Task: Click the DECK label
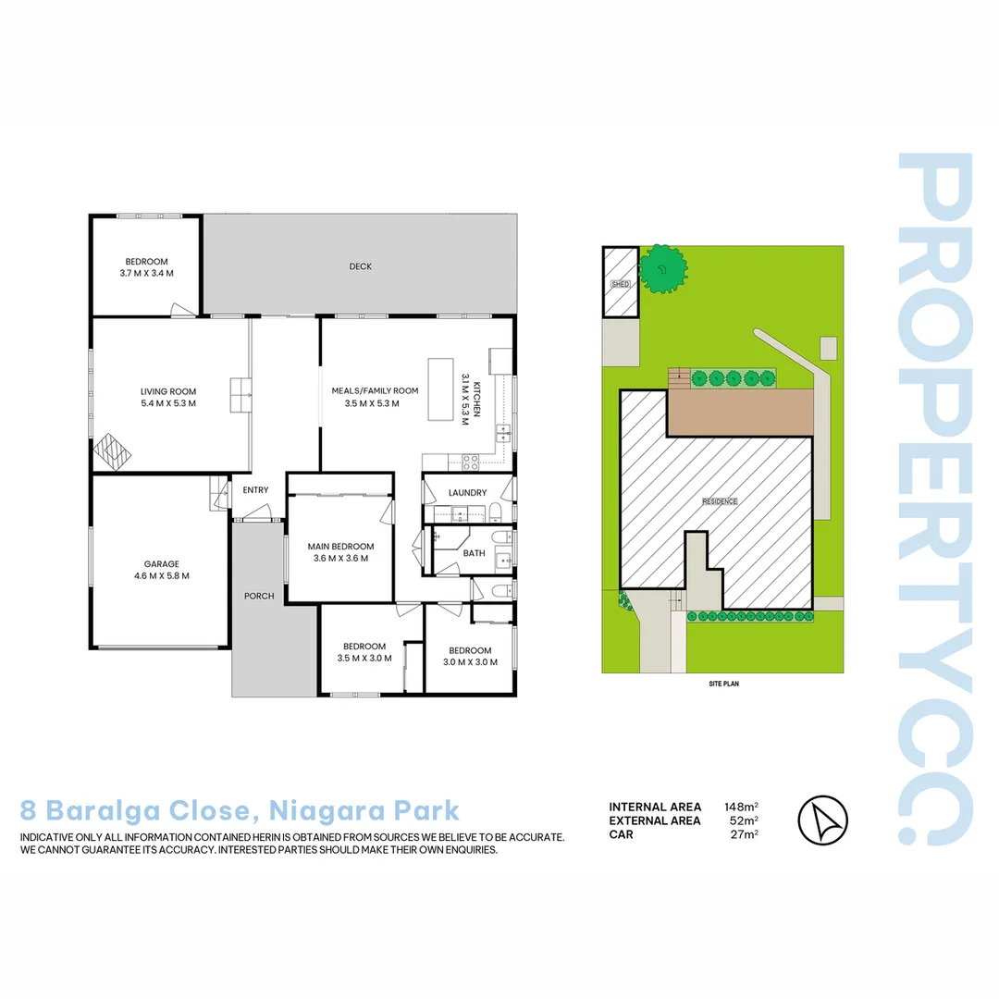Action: coord(360,266)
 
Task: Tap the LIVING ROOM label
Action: coord(168,391)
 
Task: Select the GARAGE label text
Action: coord(161,563)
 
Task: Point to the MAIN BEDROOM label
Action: coord(340,547)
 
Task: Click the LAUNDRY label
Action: coord(467,493)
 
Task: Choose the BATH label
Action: coord(474,553)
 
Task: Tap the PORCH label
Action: coord(259,596)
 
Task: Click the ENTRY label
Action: coord(255,490)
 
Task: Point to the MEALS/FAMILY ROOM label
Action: coord(375,391)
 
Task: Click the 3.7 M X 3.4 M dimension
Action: coord(147,274)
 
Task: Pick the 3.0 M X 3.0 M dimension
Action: coord(471,662)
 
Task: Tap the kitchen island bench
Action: coord(440,390)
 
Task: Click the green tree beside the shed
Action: coord(663,269)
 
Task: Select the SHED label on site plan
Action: coord(620,284)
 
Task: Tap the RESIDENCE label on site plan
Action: coord(720,501)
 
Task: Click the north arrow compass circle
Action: coord(822,820)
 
